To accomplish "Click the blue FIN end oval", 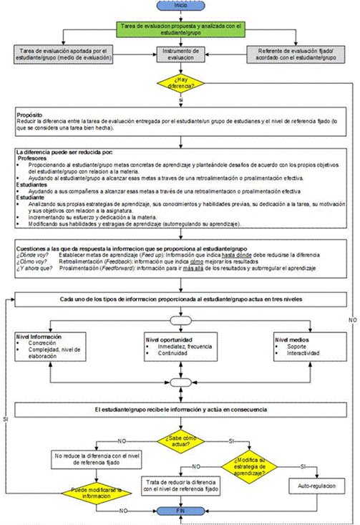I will (x=181, y=510).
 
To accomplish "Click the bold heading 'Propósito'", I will (x=30, y=115).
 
